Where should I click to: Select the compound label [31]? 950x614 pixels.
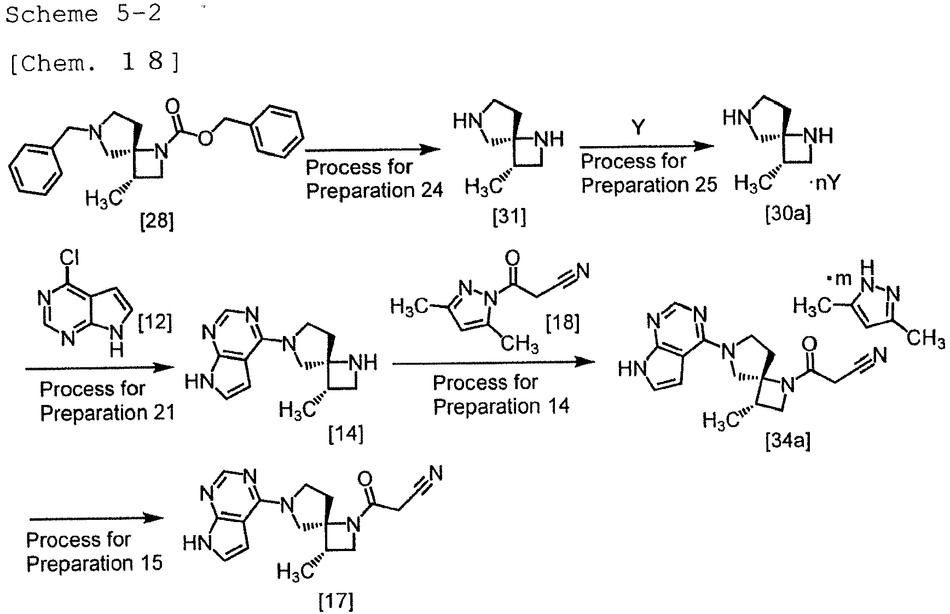click(x=509, y=218)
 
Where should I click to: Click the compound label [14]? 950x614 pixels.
click(x=346, y=435)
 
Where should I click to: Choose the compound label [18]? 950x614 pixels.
click(x=563, y=323)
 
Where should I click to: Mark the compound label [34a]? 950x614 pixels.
click(x=788, y=440)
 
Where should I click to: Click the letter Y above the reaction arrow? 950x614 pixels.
click(x=638, y=127)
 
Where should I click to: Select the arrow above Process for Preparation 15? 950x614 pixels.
click(x=96, y=518)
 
